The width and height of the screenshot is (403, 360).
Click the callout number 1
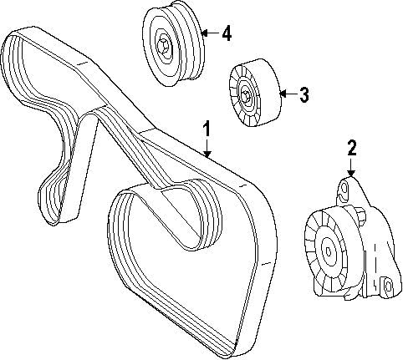[207, 129]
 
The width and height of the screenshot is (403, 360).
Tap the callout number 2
[352, 149]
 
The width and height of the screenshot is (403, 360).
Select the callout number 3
[304, 95]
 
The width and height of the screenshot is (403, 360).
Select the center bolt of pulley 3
[249, 96]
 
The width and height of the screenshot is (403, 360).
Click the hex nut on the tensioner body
[361, 222]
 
